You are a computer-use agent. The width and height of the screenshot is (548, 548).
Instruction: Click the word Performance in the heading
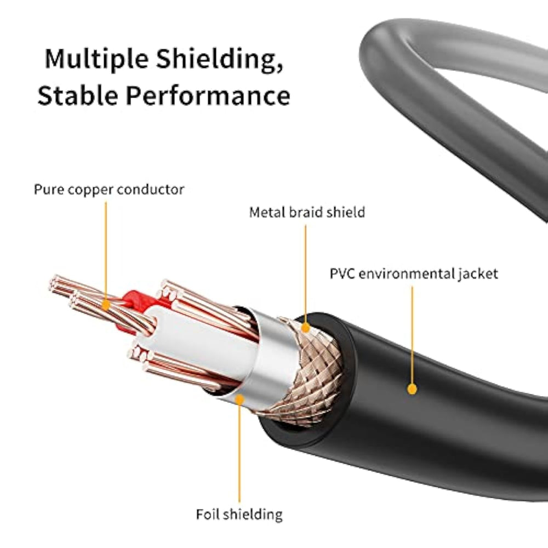coord(208,95)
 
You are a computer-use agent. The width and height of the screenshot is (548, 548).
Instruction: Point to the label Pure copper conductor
coord(109,190)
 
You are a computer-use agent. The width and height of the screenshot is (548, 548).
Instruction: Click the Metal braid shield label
coord(307,212)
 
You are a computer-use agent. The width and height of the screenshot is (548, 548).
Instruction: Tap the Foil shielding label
coord(239,514)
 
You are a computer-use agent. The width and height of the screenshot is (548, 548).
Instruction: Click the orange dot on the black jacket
coord(412,389)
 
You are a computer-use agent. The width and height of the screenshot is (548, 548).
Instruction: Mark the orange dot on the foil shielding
coord(239,399)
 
